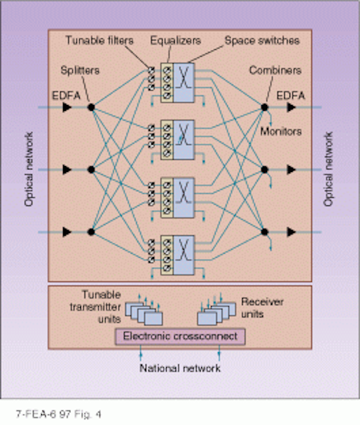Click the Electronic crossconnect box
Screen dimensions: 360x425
point(180,337)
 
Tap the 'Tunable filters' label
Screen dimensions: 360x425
point(100,41)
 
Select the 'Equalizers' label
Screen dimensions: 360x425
point(175,41)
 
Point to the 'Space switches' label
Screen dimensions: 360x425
point(262,41)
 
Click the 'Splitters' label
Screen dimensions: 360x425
point(80,70)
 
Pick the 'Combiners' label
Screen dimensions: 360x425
point(275,70)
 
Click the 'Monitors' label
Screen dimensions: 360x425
point(281,131)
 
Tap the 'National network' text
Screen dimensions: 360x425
point(180,368)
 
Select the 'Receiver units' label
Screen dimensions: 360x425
point(262,307)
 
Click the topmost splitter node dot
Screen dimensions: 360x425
point(91,108)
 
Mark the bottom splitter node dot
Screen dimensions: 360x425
point(91,232)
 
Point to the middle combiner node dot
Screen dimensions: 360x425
point(264,170)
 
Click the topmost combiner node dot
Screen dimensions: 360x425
point(264,108)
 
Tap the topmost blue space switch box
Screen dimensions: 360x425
point(183,82)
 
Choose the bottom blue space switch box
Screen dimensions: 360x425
point(183,255)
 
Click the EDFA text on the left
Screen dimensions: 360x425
point(66,96)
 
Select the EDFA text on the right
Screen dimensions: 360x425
point(291,96)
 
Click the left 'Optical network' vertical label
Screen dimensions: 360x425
point(29,169)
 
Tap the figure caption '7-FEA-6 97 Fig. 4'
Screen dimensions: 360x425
point(58,414)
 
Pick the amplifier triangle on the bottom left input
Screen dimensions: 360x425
point(67,232)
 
